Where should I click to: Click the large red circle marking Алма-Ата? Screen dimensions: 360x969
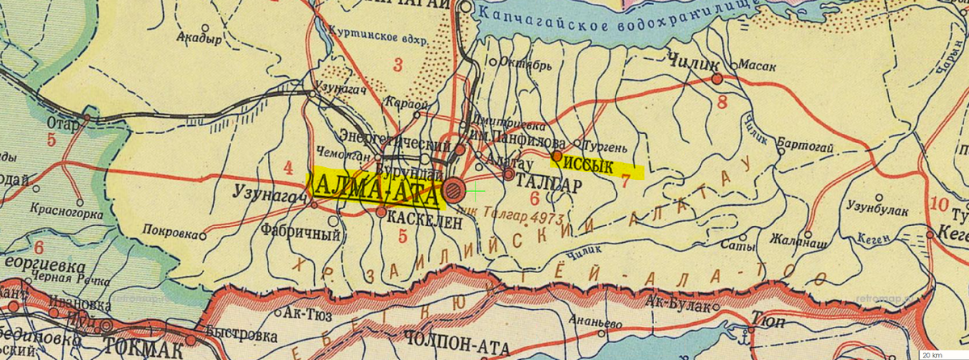click(x=455, y=190)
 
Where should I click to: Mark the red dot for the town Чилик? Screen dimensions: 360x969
click(x=716, y=78)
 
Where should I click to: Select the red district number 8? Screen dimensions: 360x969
click(x=722, y=102)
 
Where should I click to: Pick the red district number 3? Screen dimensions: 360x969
click(x=396, y=65)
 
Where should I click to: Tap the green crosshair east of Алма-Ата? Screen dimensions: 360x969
click(x=476, y=191)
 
